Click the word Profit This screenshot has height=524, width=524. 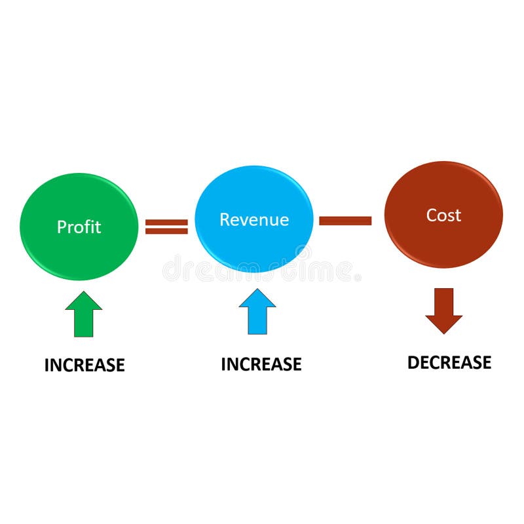coord(79,227)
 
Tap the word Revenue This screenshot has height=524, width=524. coord(254,219)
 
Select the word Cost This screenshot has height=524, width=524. coord(443,215)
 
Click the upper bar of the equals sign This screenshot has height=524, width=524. coord(166,222)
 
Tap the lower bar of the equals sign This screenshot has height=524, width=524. coord(166,231)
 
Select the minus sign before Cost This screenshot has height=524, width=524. coord(345,221)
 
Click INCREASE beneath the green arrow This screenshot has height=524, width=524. coord(84,365)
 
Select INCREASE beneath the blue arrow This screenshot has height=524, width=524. coord(261,364)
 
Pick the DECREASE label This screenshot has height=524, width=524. coord(449,362)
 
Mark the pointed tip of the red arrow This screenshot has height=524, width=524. coord(443,332)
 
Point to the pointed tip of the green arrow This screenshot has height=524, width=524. coord(84,292)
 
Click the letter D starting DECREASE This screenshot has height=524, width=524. coord(413,362)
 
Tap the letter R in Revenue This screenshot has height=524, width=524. coord(224,219)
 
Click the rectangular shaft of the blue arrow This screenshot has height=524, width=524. coord(257,321)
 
